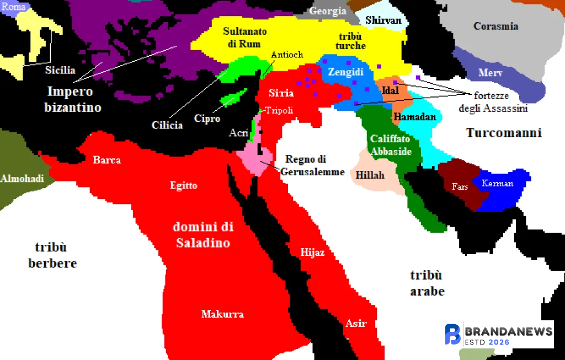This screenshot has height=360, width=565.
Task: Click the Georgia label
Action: coord(328,11)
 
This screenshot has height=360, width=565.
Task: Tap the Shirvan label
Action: coord(383,20)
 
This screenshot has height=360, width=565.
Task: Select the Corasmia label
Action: coord(495,26)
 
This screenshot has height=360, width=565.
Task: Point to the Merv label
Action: coord(490,73)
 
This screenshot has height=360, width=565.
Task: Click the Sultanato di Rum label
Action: coord(242,37)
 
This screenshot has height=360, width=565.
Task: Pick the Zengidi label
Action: coord(345,72)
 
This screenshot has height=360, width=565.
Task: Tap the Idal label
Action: coord(390,90)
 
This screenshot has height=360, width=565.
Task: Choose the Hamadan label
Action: coord(414,117)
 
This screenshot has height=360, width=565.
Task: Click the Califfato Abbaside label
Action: coord(391,146)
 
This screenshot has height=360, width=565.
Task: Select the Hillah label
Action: coord(370,175)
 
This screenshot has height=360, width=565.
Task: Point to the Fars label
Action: coord(460,187)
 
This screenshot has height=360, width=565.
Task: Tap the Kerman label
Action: coord(497,184)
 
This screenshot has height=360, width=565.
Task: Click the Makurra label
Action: coord(222,314)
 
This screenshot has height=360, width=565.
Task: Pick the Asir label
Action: coord(355,323)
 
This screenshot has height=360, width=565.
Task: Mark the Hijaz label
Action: coord(312,252)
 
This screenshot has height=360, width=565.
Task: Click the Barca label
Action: coord(106,160)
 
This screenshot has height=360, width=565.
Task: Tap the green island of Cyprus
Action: coord(232,99)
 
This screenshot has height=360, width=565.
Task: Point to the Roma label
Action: coord(14,7)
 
